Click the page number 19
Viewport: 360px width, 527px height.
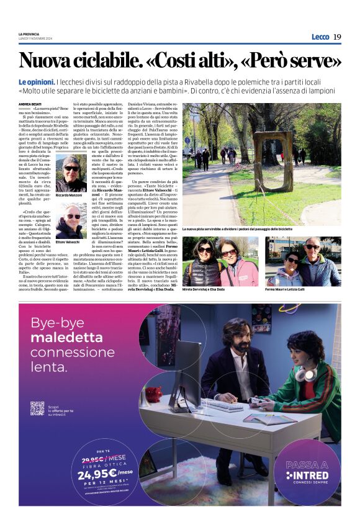(x=336, y=37)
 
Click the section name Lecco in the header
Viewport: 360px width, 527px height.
(x=320, y=37)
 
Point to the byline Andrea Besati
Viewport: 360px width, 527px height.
(x=30, y=104)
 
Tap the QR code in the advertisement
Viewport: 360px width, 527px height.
(x=37, y=408)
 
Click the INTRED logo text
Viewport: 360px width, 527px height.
(x=308, y=475)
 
